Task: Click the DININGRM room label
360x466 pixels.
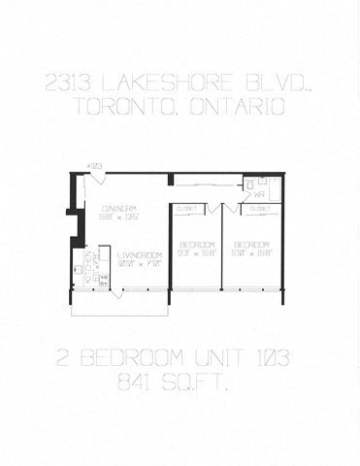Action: pos(118,207)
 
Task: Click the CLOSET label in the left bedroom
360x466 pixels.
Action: pos(188,209)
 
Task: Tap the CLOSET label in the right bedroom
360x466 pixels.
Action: pos(260,209)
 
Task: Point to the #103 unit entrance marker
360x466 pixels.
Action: pos(95,167)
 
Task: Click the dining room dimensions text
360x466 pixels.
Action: pos(121,216)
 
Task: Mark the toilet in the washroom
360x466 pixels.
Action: pos(249,183)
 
